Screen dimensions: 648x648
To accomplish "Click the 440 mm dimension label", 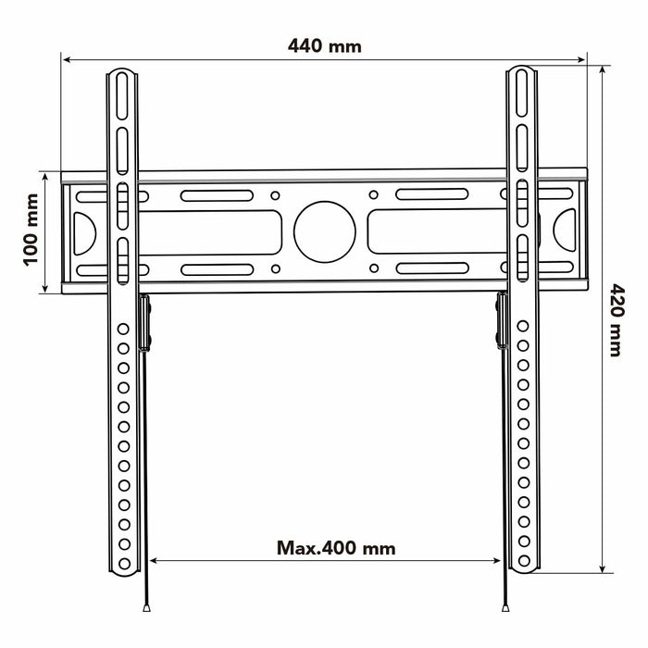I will [324, 45].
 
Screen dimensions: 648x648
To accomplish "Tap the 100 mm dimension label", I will [31, 231].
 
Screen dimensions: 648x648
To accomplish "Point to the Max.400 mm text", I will [336, 548].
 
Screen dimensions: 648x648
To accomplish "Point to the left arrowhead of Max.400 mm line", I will [154, 560].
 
